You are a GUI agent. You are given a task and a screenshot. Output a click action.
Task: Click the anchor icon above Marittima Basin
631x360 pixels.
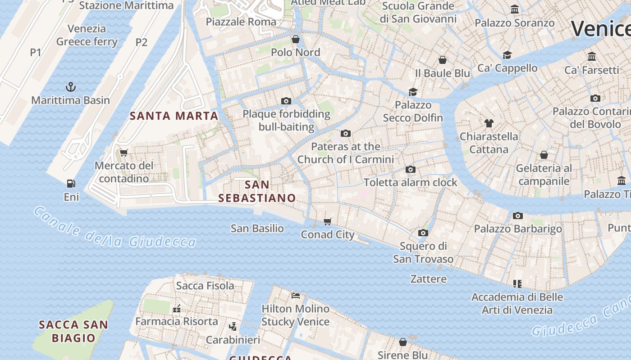pyautogui.click(x=71, y=87)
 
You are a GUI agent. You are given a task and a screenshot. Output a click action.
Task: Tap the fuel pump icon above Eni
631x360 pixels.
pyautogui.click(x=71, y=184)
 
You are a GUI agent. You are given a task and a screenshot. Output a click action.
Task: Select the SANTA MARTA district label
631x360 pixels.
pyautogui.click(x=174, y=116)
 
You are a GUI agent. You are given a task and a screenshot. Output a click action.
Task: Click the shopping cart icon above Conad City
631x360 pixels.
pyautogui.click(x=328, y=221)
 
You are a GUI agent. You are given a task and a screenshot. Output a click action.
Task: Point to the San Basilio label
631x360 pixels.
pyautogui.click(x=257, y=229)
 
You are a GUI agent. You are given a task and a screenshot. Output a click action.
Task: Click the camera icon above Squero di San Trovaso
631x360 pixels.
pyautogui.click(x=423, y=233)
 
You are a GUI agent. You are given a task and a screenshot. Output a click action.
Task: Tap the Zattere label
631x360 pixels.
pyautogui.click(x=428, y=279)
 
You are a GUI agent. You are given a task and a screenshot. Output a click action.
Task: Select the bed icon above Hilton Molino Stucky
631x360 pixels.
pyautogui.click(x=296, y=296)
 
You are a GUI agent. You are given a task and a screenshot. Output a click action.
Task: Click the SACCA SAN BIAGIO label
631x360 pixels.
pyautogui.click(x=73, y=331)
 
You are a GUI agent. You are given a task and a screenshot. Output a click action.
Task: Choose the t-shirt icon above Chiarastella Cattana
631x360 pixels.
pyautogui.click(x=489, y=123)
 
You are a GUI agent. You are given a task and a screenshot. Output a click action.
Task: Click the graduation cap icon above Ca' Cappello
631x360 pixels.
pyautogui.click(x=508, y=55)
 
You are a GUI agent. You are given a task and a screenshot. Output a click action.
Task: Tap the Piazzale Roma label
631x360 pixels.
pyautogui.click(x=241, y=22)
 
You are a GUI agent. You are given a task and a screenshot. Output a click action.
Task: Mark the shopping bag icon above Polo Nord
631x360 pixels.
pyautogui.click(x=296, y=39)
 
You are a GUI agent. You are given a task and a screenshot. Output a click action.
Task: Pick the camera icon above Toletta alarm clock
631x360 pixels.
pyautogui.click(x=410, y=169)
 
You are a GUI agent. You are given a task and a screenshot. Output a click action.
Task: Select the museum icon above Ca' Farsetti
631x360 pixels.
pyautogui.click(x=592, y=57)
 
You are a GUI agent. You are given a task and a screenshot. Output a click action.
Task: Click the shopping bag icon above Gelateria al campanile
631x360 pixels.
pyautogui.click(x=544, y=155)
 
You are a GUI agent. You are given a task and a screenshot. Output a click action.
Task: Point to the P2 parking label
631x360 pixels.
pyautogui.click(x=142, y=42)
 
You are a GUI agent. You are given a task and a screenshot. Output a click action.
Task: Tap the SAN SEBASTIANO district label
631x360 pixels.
pyautogui.click(x=257, y=191)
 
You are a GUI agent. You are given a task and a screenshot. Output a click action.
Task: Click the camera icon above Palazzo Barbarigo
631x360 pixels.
pyautogui.click(x=517, y=216)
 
